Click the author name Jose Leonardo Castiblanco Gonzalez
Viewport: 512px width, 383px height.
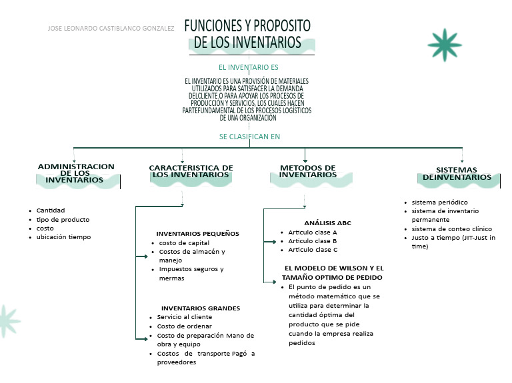[111, 29]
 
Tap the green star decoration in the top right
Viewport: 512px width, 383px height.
[445, 45]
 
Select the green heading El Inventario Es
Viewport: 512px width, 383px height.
[249, 67]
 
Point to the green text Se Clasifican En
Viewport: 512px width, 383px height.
[249, 137]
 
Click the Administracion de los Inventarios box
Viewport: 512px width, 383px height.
[76, 173]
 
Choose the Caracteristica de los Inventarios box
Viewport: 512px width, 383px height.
[191, 172]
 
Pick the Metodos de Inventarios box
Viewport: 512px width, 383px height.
[307, 171]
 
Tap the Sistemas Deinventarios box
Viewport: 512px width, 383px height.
[456, 174]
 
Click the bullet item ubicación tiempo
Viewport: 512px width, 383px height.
[63, 237]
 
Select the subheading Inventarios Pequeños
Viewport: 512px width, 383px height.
[197, 234]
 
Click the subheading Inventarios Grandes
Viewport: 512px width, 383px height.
[201, 308]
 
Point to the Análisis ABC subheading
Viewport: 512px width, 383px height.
[327, 222]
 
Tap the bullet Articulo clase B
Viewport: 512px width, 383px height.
[313, 241]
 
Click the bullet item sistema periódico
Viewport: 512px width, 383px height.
[439, 202]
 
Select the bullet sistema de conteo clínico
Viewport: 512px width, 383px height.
[451, 228]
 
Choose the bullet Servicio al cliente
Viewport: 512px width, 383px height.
[185, 318]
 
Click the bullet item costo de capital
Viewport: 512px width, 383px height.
[184, 243]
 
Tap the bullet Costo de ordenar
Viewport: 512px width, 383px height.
[184, 326]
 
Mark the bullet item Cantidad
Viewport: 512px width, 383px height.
[51, 210]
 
